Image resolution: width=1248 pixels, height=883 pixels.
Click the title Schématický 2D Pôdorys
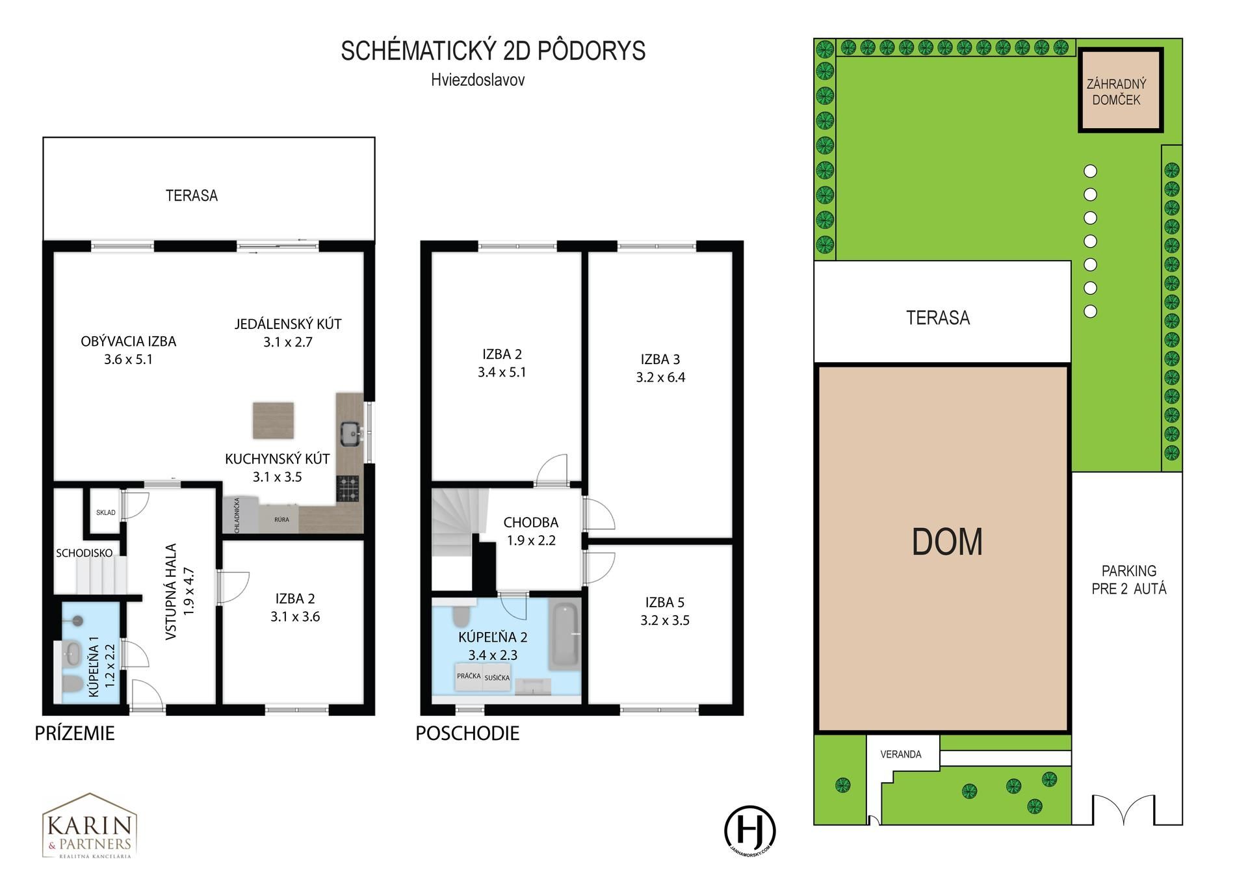click(x=493, y=51)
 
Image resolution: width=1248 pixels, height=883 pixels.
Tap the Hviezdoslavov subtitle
click(x=478, y=80)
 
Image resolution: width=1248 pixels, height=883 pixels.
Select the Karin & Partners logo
click(x=89, y=826)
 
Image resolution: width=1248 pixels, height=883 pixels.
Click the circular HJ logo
click(x=750, y=830)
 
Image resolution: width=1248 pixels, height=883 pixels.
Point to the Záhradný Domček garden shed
click(x=1120, y=90)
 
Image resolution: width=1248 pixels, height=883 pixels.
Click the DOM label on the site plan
click(x=947, y=542)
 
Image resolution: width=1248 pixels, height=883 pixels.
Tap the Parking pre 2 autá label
click(x=1129, y=580)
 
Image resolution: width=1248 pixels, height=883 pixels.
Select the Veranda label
click(x=901, y=754)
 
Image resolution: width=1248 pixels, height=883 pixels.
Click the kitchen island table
click(x=273, y=421)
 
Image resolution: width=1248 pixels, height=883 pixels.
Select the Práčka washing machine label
click(x=469, y=676)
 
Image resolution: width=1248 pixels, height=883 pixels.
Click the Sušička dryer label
click(x=497, y=678)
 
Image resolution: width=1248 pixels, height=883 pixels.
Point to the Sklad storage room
click(x=105, y=512)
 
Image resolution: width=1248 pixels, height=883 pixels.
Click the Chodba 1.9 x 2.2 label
click(x=531, y=531)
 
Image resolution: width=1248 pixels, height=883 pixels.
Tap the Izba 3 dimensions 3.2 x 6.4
click(x=660, y=378)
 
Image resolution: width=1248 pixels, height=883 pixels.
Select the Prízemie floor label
click(x=75, y=733)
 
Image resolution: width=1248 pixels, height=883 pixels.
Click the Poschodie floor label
click(x=467, y=733)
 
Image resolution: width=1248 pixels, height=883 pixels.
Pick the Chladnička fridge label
click(x=237, y=516)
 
